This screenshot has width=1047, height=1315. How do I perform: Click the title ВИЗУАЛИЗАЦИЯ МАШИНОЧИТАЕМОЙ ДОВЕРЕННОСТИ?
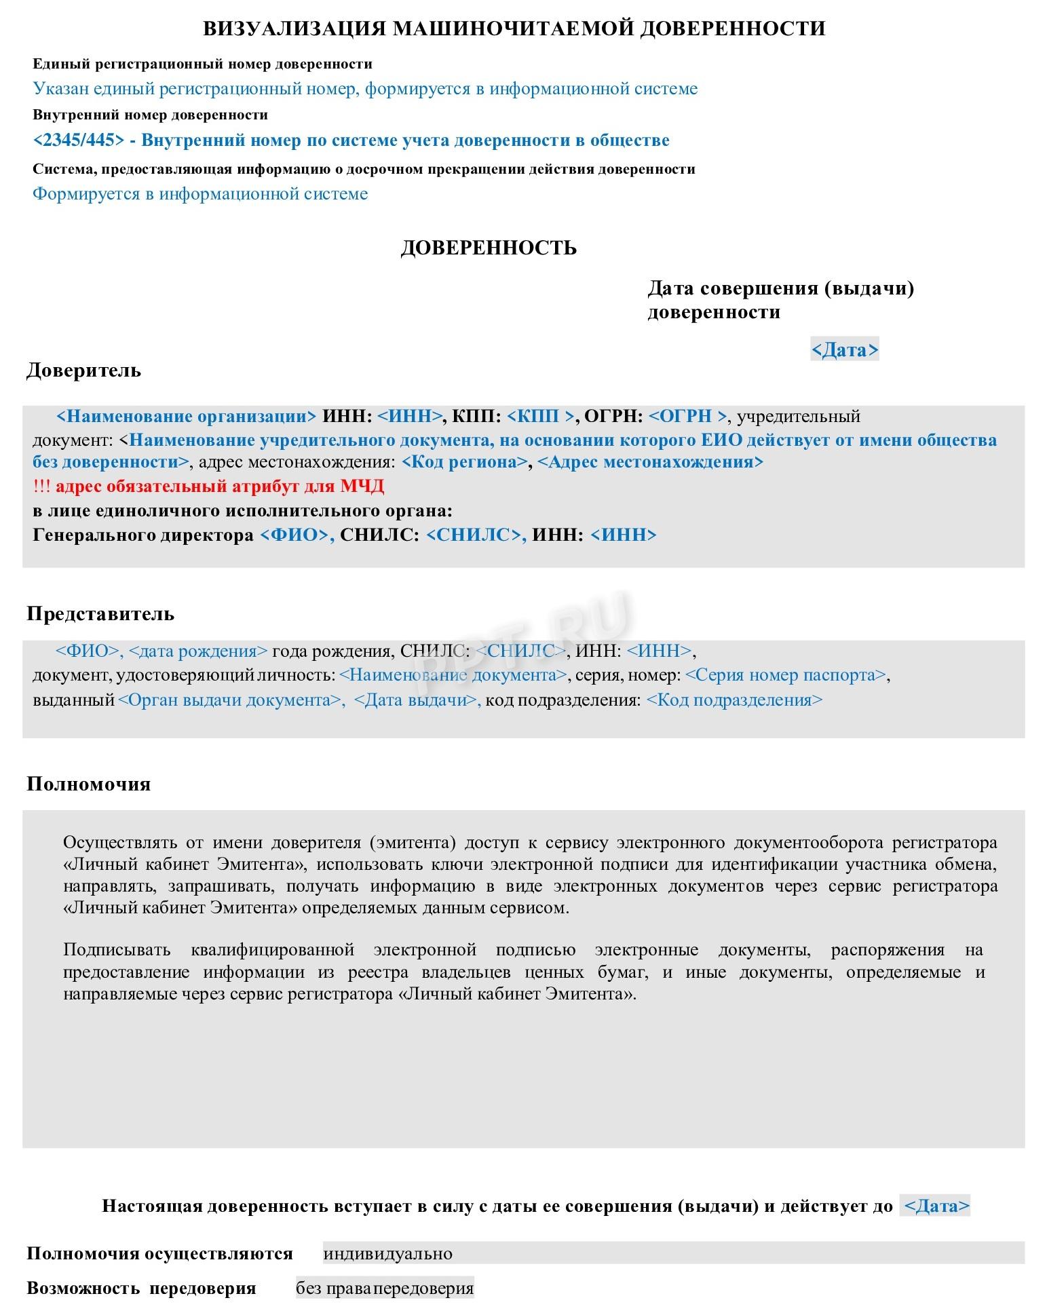(x=514, y=28)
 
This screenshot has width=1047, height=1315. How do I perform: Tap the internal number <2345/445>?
(x=79, y=140)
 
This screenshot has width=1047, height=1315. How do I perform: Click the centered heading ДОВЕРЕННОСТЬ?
(x=489, y=248)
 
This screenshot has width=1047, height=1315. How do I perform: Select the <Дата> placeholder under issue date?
(x=845, y=350)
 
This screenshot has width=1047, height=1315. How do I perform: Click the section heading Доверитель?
(x=83, y=370)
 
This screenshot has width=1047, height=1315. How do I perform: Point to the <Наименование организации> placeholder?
(x=187, y=416)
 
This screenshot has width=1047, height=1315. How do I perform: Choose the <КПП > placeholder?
(x=541, y=416)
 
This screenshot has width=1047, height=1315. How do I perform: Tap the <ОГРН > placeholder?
(x=687, y=416)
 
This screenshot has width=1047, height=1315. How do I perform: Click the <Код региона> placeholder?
(x=465, y=462)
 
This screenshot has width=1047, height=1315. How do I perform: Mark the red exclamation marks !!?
(x=41, y=487)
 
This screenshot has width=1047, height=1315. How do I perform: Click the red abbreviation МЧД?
(x=362, y=487)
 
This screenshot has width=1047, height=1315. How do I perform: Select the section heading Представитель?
(x=100, y=614)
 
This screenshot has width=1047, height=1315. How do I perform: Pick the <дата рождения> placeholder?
(x=198, y=651)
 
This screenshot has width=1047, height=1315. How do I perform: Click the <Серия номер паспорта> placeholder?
(x=786, y=675)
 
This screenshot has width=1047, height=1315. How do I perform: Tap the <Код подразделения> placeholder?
(x=734, y=700)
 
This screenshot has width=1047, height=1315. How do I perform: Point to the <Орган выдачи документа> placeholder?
(x=230, y=700)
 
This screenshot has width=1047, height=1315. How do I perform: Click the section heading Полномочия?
(x=88, y=784)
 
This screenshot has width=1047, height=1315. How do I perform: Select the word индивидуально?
(x=387, y=1254)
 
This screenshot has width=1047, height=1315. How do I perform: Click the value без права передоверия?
(x=385, y=1288)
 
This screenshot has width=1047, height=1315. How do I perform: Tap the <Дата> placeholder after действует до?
(x=937, y=1206)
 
